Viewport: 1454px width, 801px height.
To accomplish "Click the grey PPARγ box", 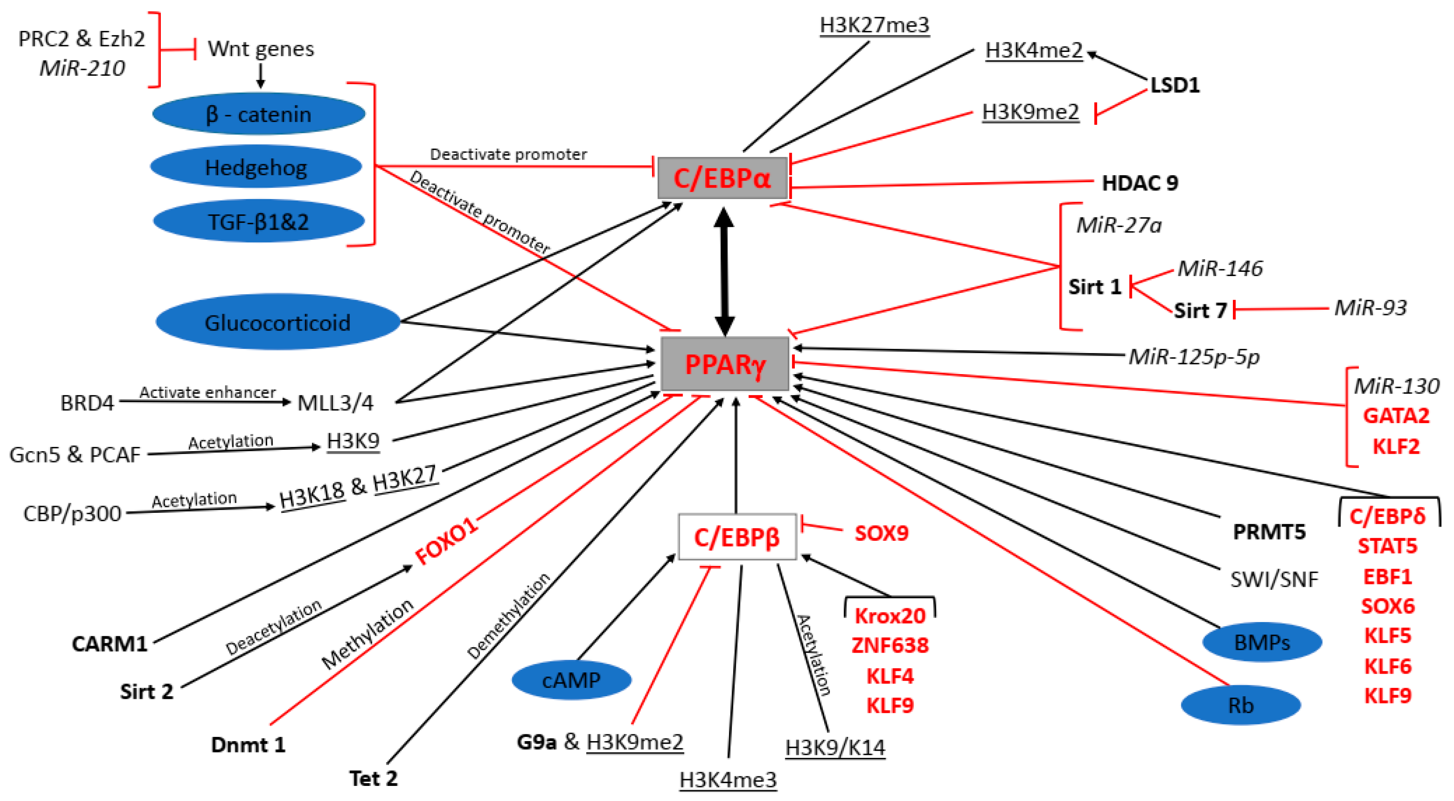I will (725, 364).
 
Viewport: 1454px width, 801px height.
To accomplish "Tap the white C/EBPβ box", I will (737, 537).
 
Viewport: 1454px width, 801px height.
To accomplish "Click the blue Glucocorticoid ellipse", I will (278, 322).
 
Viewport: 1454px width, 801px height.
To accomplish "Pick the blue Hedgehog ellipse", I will (256, 167).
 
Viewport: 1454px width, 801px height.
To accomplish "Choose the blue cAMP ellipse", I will (571, 680).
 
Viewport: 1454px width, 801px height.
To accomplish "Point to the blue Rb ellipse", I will (1241, 705).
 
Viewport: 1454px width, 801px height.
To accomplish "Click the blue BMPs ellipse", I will (1262, 642).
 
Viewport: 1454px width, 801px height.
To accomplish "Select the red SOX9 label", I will (881, 533).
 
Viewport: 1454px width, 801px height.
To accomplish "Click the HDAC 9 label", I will (1139, 183).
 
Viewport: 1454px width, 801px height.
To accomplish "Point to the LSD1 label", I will (1175, 85).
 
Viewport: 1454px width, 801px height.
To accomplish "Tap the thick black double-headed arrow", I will (724, 271).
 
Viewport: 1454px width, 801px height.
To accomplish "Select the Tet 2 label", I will (373, 778).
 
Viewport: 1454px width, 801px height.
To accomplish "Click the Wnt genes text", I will (261, 49).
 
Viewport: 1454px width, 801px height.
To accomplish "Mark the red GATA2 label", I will (1396, 416).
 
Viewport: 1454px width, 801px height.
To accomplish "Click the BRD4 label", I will (87, 403).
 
